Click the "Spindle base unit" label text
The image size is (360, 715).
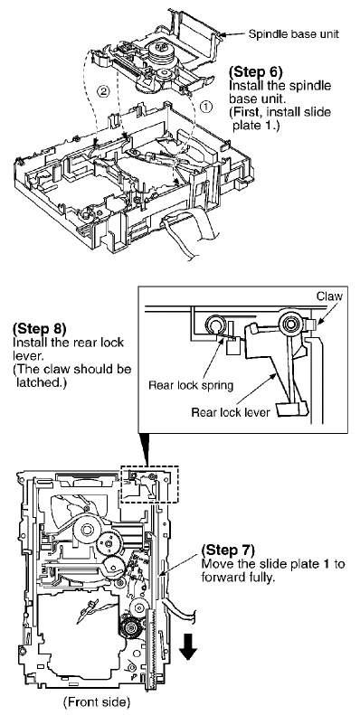[x=294, y=34]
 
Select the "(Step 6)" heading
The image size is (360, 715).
[x=255, y=72]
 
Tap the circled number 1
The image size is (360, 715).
[x=207, y=107]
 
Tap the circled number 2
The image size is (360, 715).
[x=104, y=90]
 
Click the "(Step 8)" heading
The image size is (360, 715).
[x=40, y=328]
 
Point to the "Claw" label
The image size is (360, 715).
[x=329, y=296]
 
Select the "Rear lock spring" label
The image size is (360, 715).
[x=191, y=386]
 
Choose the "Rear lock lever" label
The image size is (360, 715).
[x=231, y=413]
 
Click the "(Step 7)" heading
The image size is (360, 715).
[x=228, y=549]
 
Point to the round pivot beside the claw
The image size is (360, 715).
[x=289, y=324]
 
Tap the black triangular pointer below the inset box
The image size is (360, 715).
[x=146, y=448]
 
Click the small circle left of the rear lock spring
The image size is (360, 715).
[x=214, y=325]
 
